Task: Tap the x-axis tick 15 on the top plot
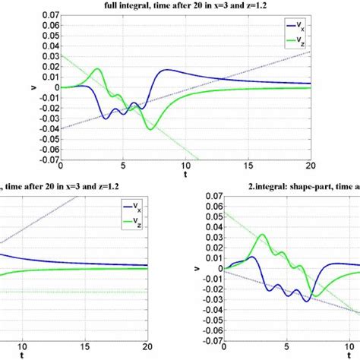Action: tap(247, 167)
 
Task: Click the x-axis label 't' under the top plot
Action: tap(185, 174)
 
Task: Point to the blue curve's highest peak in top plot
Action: tap(166, 70)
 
